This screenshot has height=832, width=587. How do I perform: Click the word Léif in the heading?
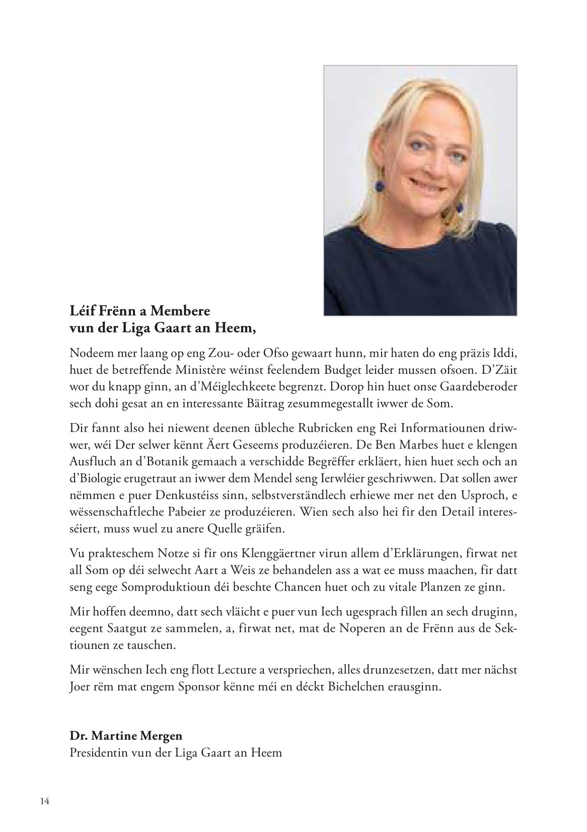tap(81, 309)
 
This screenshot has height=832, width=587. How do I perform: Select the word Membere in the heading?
tap(175, 309)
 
